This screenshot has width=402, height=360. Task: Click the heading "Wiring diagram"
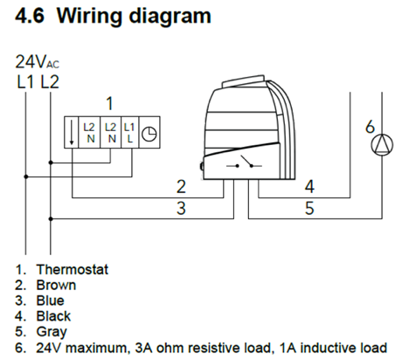(134, 17)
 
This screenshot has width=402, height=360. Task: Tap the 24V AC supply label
(37, 62)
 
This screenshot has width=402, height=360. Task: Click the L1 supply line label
(25, 82)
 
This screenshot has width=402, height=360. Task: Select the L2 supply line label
(50, 82)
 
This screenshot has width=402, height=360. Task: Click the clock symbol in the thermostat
(149, 135)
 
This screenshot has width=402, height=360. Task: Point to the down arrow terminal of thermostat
(72, 132)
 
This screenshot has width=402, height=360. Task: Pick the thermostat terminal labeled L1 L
(129, 133)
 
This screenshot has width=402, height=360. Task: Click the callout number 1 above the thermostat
(109, 104)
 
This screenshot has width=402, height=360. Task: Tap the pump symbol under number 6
(382, 145)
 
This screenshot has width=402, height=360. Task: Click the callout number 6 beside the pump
(370, 127)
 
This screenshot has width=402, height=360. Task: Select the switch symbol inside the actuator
(244, 163)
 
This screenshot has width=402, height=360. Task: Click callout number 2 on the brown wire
(181, 187)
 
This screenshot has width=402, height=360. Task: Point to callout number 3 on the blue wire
(181, 208)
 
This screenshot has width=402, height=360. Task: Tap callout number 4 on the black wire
(309, 187)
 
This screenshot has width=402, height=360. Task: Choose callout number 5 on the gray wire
(309, 208)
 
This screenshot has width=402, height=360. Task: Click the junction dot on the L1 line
(25, 177)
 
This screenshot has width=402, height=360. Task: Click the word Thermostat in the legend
(73, 269)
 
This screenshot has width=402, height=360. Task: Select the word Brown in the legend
(56, 285)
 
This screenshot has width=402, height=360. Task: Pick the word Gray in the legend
(52, 332)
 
